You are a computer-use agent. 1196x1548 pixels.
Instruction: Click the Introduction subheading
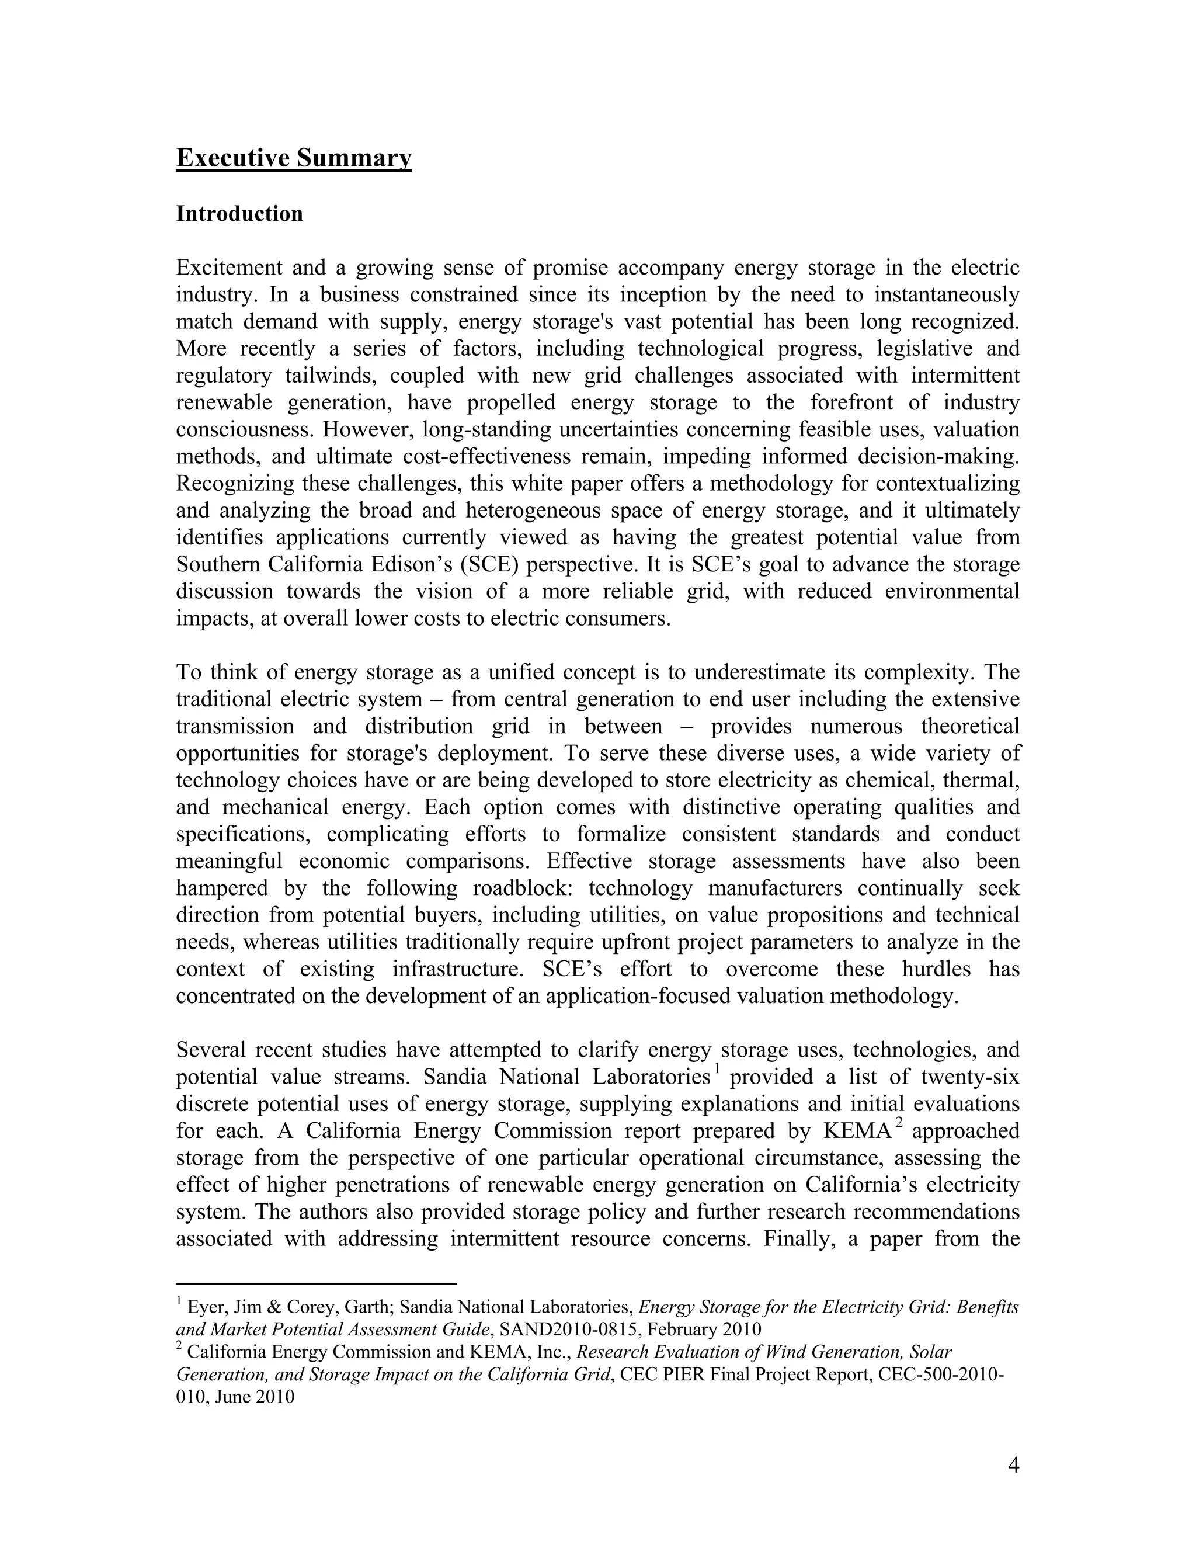(x=239, y=214)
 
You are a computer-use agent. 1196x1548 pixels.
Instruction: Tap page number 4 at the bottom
(x=1013, y=1466)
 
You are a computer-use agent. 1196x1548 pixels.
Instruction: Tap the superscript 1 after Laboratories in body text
(x=717, y=1068)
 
